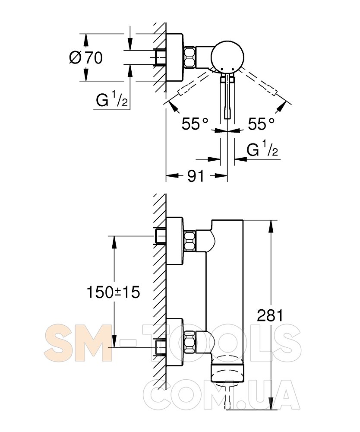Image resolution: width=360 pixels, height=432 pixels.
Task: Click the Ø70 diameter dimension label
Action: pos(86,58)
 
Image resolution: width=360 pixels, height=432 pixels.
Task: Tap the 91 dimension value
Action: pos(196,176)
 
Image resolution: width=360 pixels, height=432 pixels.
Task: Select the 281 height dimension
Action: pos(270,315)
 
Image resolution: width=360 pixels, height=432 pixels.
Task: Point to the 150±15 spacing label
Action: pos(114,292)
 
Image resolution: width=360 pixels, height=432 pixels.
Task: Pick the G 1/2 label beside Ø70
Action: pos(112,100)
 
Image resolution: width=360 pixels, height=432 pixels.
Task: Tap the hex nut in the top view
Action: pos(189,57)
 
